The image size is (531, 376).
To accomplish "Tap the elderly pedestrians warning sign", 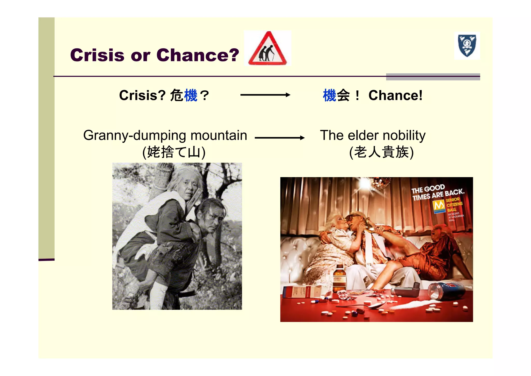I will [268, 49].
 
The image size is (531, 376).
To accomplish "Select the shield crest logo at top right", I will [467, 46].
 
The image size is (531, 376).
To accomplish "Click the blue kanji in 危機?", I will [191, 95].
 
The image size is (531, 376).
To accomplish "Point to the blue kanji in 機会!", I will [330, 95].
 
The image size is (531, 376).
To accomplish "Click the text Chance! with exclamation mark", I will [395, 95].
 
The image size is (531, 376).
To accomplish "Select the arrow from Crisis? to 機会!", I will [265, 95].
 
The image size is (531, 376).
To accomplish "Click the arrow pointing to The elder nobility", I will [280, 138].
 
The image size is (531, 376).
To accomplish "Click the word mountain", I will [219, 136].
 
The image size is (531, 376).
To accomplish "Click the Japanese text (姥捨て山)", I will [174, 152].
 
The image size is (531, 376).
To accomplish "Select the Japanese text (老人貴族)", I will [381, 152].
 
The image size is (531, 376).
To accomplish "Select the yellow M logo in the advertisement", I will [439, 206].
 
